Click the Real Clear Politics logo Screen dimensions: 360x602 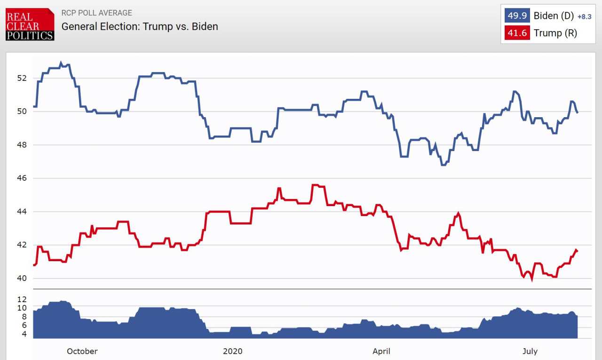pos(30,24)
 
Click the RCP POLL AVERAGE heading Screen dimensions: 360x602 pos(97,13)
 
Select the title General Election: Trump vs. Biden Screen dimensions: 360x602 pos(140,26)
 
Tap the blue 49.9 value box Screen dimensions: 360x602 pos(517,16)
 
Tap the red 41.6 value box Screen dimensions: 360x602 pos(517,33)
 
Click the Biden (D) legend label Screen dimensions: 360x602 pos(554,16)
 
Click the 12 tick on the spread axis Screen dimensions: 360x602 pos(22,299)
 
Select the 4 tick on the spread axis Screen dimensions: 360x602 pos(24,334)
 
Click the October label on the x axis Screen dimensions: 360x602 pos(82,351)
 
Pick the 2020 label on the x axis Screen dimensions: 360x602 pos(232,351)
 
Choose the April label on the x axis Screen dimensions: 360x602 pos(381,351)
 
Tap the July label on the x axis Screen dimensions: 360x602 pos(530,351)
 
